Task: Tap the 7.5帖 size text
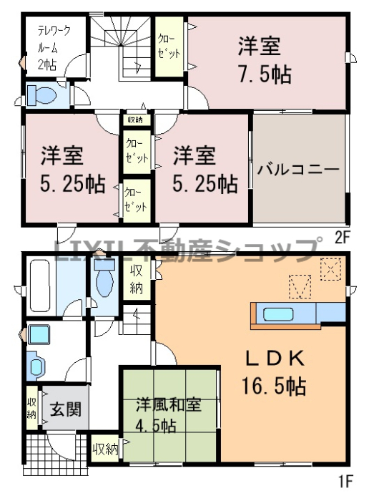coord(265,74)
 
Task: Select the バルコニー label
coord(298,169)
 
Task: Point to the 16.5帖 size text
coord(274,386)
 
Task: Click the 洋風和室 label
coord(169,405)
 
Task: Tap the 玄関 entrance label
coord(66,409)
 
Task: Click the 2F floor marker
coord(343,238)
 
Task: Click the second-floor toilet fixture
coord(41,95)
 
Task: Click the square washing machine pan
coord(39,334)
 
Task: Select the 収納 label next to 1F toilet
coord(136,281)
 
